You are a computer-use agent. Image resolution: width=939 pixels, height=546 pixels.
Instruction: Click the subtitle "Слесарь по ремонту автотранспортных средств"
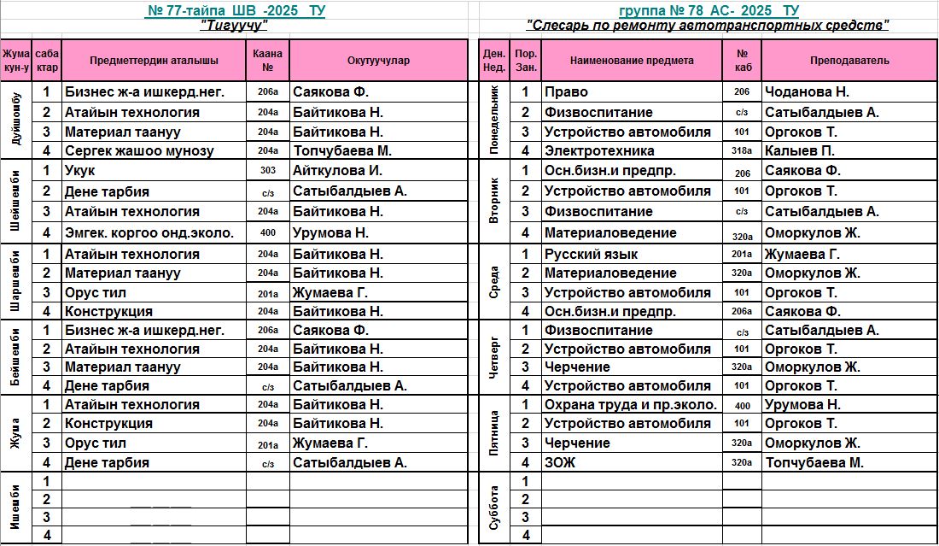tap(708, 26)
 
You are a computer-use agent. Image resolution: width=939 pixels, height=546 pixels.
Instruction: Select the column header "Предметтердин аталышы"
tap(154, 61)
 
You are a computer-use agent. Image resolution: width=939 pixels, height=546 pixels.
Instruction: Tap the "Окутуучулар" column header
tap(379, 61)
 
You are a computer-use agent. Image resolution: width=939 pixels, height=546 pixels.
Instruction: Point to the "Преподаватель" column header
tap(849, 61)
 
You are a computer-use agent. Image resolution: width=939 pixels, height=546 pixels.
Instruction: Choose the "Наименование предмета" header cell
tap(632, 61)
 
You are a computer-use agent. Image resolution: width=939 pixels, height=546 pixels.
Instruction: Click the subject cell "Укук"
tap(80, 171)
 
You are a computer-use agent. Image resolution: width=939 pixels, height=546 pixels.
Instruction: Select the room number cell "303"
tap(268, 171)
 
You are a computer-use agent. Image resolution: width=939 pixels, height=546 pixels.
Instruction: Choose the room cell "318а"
tap(742, 151)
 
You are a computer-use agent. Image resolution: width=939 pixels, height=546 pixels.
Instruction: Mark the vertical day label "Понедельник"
tap(493, 120)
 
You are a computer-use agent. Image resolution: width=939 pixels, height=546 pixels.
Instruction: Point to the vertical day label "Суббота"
tap(493, 508)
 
